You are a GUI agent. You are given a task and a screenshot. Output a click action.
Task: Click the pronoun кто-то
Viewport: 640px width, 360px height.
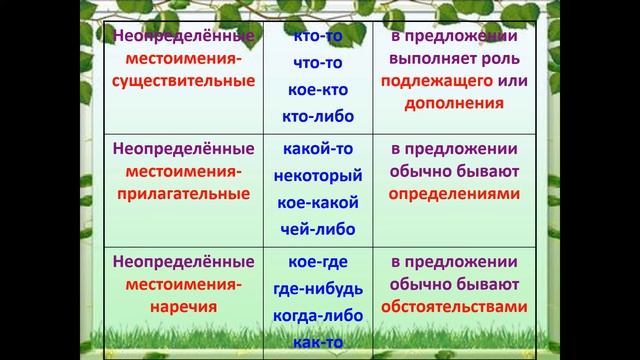[316, 36]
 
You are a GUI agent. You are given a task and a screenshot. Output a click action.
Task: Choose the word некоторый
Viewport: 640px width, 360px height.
[316, 175]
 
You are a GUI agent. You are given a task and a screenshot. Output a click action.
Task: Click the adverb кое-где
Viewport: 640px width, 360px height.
[316, 263]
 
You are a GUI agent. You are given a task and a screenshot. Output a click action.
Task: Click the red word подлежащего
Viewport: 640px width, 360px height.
[432, 80]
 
